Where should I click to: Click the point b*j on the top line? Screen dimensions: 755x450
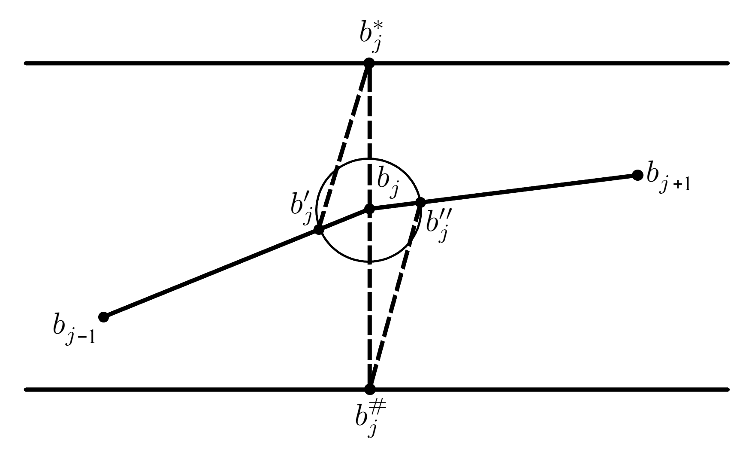[369, 64]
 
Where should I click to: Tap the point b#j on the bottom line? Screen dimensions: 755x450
[369, 389]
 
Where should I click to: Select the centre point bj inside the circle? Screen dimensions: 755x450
[369, 209]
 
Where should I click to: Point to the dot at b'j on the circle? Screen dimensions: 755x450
[318, 229]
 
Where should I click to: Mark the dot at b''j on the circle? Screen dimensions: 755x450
[420, 202]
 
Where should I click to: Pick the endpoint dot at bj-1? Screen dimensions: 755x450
[103, 317]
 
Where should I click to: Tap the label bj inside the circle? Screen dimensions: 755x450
[388, 183]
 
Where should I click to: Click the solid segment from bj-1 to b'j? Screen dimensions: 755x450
[210, 274]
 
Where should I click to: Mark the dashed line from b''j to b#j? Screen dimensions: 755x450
[395, 296]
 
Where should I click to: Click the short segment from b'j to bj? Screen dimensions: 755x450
[343, 219]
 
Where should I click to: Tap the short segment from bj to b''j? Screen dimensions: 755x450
[395, 206]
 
